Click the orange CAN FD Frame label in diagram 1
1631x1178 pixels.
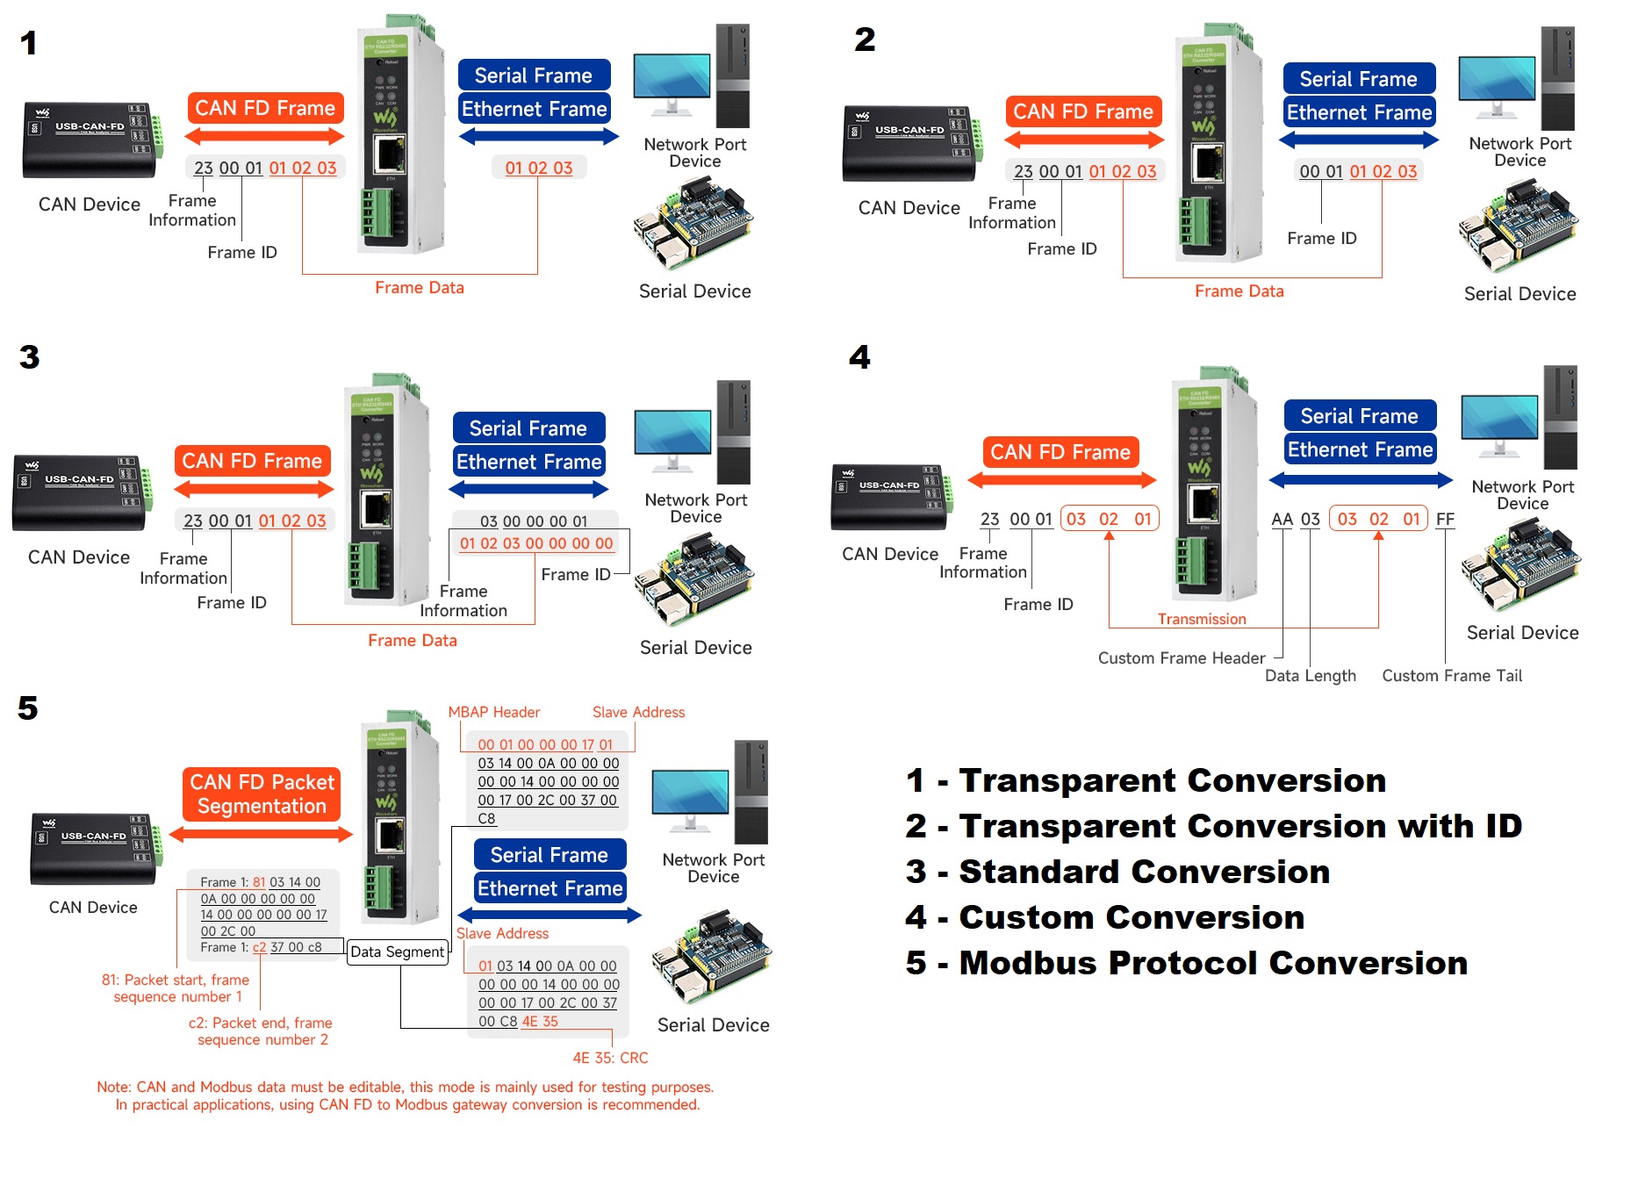pyautogui.click(x=265, y=109)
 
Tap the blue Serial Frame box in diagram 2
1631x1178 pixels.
pyautogui.click(x=1358, y=79)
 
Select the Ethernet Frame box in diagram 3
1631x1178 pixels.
pyautogui.click(x=528, y=462)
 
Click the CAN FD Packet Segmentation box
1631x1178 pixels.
pyautogui.click(x=262, y=794)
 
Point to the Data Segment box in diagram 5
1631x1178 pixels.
pyautogui.click(x=398, y=952)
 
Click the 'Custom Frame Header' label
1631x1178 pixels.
pyautogui.click(x=1181, y=658)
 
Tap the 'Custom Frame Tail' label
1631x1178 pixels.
pyautogui.click(x=1452, y=676)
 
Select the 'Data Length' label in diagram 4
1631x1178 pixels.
pyautogui.click(x=1310, y=676)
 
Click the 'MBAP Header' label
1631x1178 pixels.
pyautogui.click(x=493, y=713)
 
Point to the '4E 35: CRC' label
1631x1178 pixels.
pyautogui.click(x=610, y=1059)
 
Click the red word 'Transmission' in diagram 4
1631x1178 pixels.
pyautogui.click(x=1201, y=620)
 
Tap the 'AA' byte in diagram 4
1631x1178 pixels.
pyautogui.click(x=1282, y=520)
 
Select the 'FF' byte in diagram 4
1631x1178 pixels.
pyautogui.click(x=1445, y=520)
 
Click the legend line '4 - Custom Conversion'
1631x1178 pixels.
pyautogui.click(x=1104, y=917)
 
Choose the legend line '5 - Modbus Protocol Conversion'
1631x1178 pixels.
pyautogui.click(x=1186, y=963)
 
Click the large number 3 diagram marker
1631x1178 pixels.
pyautogui.click(x=30, y=357)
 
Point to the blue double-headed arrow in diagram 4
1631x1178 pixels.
pyautogui.click(x=1360, y=480)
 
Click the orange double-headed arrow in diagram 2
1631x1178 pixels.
pyautogui.click(x=1083, y=140)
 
